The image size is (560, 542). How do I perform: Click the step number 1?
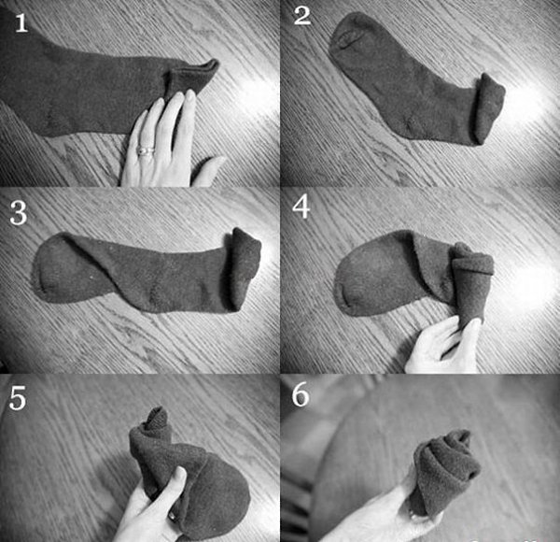point(21,23)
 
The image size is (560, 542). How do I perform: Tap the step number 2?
point(302,16)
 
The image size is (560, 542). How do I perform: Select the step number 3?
point(19,212)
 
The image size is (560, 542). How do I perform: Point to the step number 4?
point(301,207)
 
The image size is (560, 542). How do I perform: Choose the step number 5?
point(18,398)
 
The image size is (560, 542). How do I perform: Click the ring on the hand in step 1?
point(146,150)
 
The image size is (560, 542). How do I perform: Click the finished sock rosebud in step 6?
point(446,472)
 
